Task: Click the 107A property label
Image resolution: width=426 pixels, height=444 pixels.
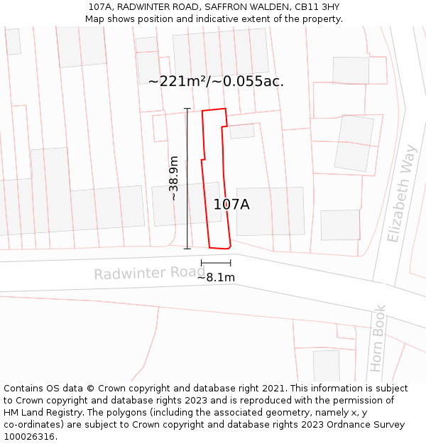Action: click(231, 205)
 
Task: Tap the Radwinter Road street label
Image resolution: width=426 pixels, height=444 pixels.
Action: click(149, 274)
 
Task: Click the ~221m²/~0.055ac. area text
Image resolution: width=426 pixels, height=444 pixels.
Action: click(216, 82)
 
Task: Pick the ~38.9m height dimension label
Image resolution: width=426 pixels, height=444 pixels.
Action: click(173, 178)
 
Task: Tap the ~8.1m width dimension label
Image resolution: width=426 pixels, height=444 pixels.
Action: click(216, 277)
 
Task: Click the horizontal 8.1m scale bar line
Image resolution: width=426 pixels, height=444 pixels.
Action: click(216, 263)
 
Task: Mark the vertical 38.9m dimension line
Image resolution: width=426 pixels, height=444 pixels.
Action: click(187, 178)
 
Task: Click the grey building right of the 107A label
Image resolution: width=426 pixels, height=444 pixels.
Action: click(271, 211)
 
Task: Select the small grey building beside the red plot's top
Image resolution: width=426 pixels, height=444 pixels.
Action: click(242, 131)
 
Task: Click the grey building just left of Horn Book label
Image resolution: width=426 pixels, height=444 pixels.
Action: click(327, 365)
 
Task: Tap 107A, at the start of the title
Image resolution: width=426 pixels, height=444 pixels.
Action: click(101, 6)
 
